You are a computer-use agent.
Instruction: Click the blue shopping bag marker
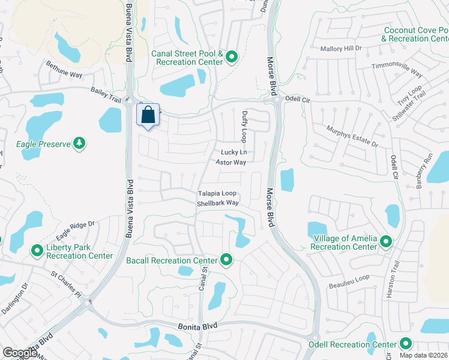coord(149,115)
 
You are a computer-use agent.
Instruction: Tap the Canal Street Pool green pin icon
coord(232,58)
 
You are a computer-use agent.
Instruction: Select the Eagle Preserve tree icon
coord(79,143)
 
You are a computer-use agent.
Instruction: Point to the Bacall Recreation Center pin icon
coord(226,260)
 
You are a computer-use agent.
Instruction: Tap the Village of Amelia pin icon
coord(386,242)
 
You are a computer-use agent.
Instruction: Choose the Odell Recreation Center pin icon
coord(406,344)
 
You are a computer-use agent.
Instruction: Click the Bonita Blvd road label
coord(196,325)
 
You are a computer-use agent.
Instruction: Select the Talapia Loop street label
coord(217,194)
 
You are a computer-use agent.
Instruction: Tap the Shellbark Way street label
coord(218,203)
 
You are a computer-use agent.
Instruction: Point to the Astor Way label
coord(231,163)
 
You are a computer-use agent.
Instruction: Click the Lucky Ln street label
coord(234,153)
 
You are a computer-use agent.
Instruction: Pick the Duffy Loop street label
coord(244,125)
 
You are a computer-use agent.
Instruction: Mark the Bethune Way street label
coord(64,70)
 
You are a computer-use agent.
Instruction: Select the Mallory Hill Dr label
coord(342,49)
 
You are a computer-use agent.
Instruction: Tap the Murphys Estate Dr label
coord(352,137)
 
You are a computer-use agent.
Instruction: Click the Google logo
coord(20,353)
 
